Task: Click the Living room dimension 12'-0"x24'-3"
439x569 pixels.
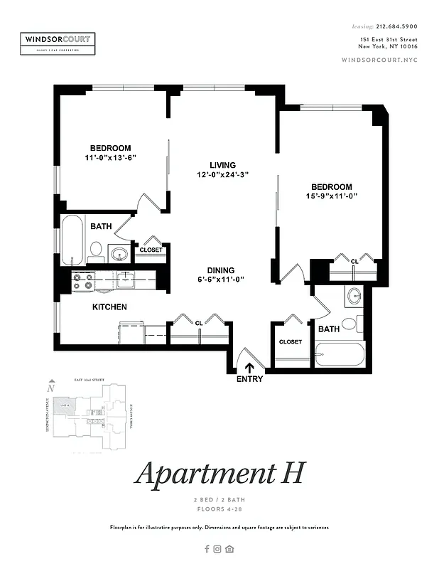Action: coord(222,174)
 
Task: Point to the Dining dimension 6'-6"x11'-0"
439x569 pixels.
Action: coord(221,280)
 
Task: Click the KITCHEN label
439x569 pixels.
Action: coord(109,307)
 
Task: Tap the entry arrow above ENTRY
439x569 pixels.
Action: coord(249,367)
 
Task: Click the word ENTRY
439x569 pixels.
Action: coord(249,379)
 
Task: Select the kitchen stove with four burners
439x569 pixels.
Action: coord(83,282)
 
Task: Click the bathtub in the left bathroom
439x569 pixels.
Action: coord(72,240)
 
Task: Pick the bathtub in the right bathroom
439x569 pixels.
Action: coord(340,353)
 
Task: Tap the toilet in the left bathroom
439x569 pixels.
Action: coord(95,250)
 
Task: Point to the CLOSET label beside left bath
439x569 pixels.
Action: coord(151,250)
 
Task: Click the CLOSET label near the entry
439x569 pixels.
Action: coord(290,342)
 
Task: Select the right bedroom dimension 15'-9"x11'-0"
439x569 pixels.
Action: coord(330,196)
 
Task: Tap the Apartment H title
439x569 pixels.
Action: coord(220,474)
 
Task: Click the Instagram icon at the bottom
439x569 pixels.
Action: coord(218,548)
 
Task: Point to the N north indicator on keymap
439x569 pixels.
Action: coord(50,389)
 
